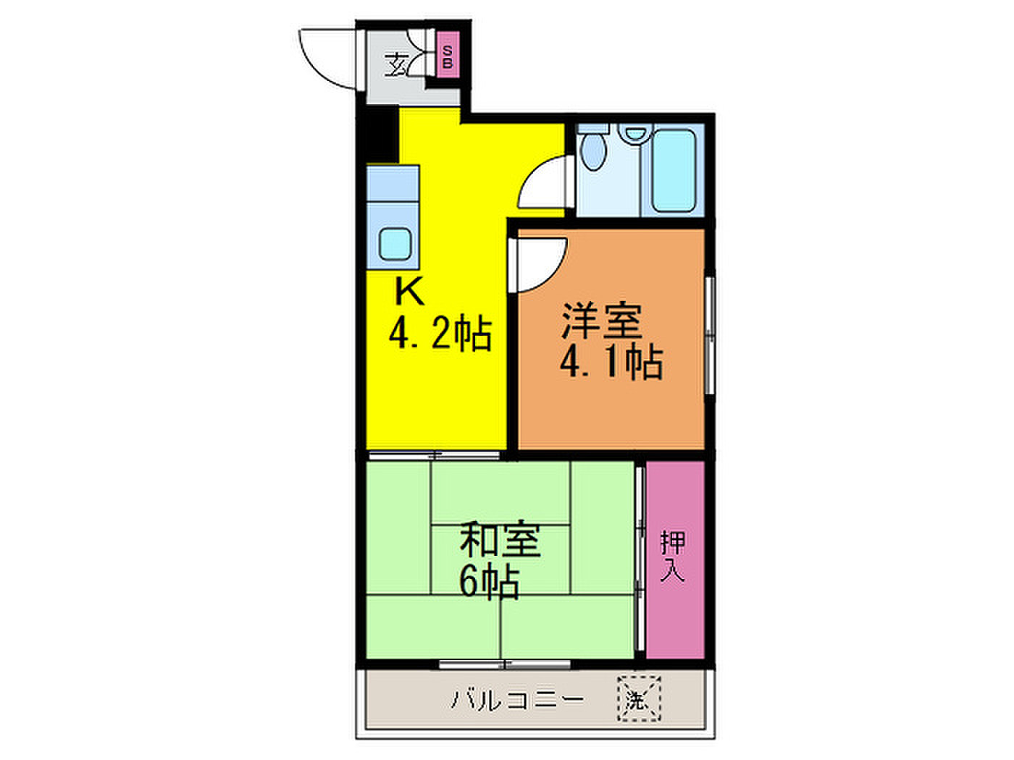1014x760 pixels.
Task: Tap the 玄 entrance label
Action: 396,64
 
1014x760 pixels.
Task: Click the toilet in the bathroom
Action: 592,147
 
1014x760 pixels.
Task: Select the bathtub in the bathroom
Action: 674,170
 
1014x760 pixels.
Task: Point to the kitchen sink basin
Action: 395,244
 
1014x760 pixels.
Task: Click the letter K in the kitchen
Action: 409,292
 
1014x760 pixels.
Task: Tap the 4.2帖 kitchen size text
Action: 440,334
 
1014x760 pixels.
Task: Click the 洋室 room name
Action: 601,320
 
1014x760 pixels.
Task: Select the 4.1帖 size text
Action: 611,363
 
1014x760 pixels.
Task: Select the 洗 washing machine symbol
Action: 639,698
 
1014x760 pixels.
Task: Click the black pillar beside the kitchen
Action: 382,134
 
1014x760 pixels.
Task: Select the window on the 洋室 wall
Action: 710,335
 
